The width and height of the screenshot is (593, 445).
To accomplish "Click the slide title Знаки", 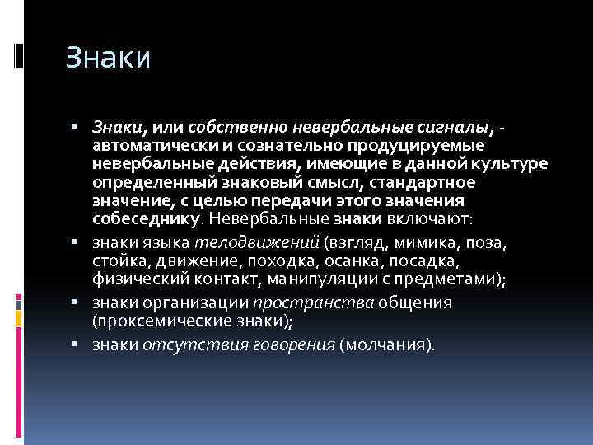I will (108, 59).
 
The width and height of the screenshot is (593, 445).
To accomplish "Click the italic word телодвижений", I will (256, 243).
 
